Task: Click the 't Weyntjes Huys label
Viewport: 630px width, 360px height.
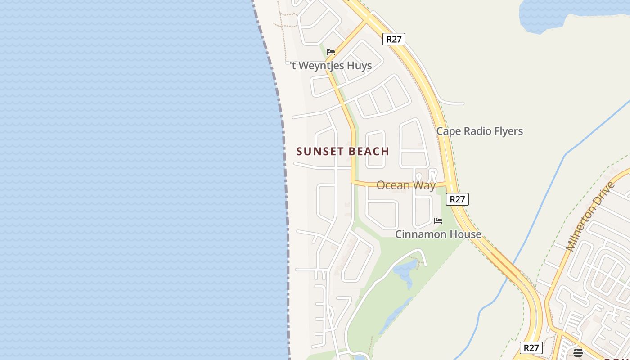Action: (x=331, y=66)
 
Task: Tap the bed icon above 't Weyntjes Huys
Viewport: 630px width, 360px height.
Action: (x=331, y=52)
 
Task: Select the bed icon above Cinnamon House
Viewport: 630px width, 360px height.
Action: (x=438, y=221)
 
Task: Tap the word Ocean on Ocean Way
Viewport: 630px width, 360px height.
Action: (x=393, y=185)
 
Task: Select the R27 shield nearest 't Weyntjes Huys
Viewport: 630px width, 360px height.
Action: (x=394, y=39)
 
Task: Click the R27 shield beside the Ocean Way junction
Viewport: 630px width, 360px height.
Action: (x=457, y=199)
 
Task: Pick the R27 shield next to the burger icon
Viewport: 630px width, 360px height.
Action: (x=531, y=348)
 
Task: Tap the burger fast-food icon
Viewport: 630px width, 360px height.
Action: (x=578, y=352)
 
